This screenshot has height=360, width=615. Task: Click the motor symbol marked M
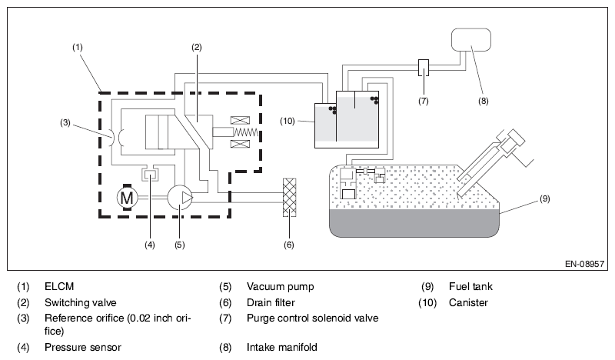(126, 197)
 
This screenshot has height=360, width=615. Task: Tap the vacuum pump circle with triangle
(180, 197)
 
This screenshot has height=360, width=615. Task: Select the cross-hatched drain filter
(290, 198)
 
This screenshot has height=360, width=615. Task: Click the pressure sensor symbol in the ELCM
(150, 174)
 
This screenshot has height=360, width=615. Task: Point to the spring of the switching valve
(246, 132)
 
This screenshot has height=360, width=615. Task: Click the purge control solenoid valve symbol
(424, 68)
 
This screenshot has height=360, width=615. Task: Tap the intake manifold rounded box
(471, 40)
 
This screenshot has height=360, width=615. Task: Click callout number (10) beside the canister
(287, 121)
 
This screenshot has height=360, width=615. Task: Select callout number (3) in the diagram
(65, 122)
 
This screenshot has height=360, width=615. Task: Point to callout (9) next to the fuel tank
(545, 198)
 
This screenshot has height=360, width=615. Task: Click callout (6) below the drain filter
(289, 245)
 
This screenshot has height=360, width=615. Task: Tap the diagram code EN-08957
(584, 264)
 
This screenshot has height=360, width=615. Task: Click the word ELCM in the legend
(59, 287)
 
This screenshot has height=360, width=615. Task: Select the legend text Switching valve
(81, 302)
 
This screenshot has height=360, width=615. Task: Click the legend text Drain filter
(271, 302)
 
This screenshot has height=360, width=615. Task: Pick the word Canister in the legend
(468, 302)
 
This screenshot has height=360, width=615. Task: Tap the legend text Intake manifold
(282, 347)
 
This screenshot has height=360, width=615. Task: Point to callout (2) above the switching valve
(197, 47)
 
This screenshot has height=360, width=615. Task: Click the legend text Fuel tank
(470, 287)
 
